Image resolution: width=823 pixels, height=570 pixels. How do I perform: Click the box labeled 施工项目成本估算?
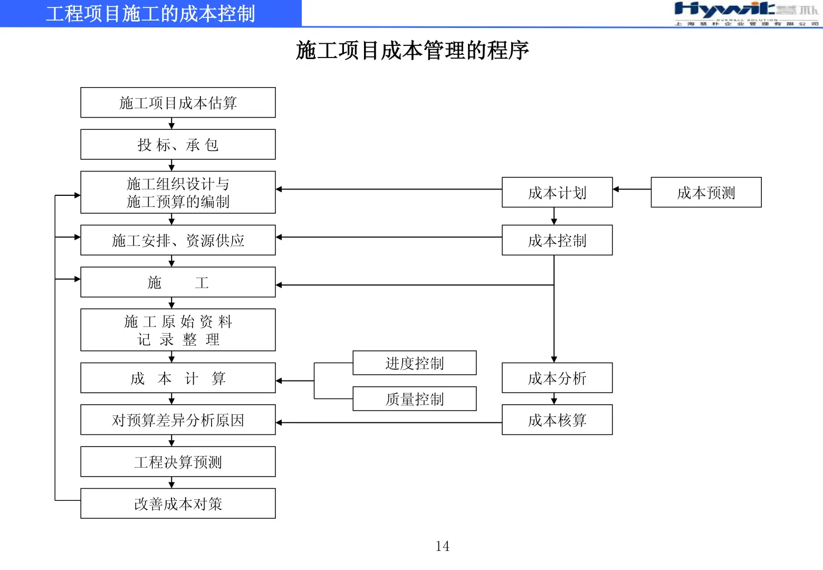click(178, 102)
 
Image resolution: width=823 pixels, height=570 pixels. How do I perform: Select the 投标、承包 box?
click(178, 144)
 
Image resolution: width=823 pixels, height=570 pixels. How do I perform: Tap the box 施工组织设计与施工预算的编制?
click(178, 192)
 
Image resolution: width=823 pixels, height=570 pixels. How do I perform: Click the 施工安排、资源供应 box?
click(178, 240)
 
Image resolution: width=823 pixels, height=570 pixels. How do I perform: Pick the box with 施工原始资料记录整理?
click(178, 330)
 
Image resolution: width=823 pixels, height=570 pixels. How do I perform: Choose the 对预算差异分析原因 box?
click(178, 420)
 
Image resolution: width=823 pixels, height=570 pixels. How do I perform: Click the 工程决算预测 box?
click(178, 462)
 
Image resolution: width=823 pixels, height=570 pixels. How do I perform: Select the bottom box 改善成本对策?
click(178, 503)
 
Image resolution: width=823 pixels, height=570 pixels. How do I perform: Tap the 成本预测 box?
click(706, 192)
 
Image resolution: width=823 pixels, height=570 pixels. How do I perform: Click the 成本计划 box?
click(557, 192)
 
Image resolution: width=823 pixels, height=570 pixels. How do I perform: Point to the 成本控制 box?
click(557, 240)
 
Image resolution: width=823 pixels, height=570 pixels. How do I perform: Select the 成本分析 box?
click(557, 377)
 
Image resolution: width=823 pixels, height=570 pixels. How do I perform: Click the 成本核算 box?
click(557, 420)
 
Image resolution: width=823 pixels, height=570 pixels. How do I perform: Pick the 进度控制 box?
click(414, 363)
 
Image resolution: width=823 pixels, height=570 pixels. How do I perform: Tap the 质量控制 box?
click(414, 399)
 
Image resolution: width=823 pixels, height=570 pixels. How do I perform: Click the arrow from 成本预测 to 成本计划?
click(631, 189)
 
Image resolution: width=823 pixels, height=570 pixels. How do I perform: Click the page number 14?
click(442, 546)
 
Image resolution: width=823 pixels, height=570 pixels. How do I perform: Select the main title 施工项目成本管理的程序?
click(412, 51)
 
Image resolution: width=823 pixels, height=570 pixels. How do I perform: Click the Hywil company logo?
click(746, 13)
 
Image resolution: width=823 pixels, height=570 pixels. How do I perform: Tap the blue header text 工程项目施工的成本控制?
click(150, 14)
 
